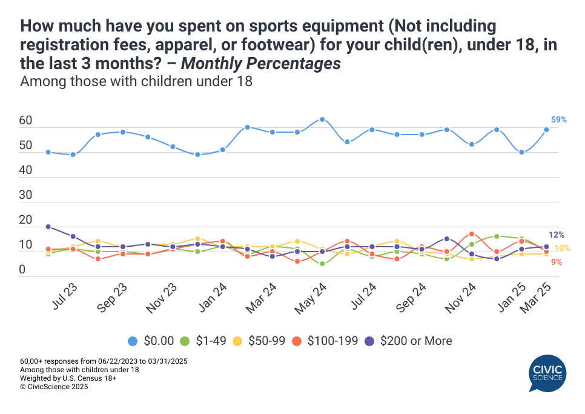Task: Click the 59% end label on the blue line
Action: [558, 120]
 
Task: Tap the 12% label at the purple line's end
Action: [557, 235]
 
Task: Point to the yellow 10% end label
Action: [561, 249]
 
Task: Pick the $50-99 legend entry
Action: [264, 341]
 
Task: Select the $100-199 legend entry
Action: [328, 341]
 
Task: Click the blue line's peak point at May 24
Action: [322, 119]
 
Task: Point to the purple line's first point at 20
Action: [48, 227]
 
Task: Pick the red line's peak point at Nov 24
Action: [472, 234]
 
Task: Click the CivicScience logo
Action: [547, 374]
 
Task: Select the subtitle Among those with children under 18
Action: [136, 81]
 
